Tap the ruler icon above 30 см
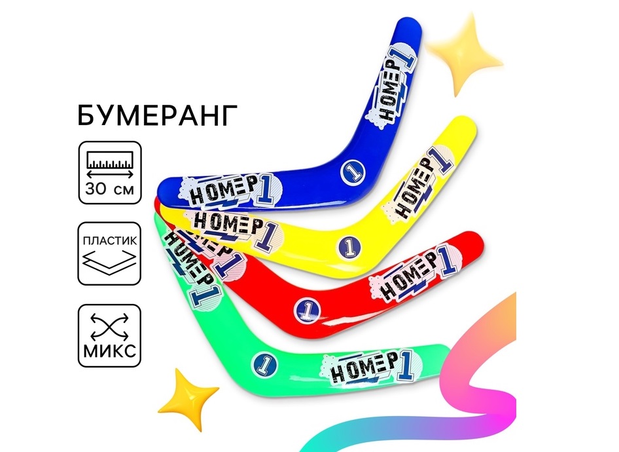[110, 162]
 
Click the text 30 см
[110, 192]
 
